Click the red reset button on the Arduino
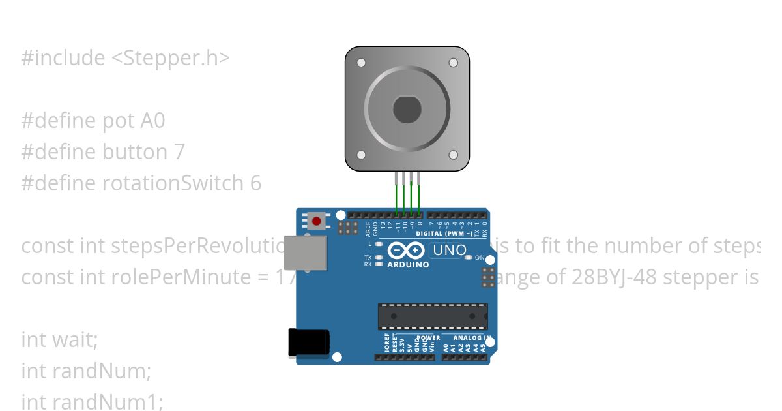pos(317,221)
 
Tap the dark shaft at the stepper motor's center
pos(407,109)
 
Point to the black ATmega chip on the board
pos(433,316)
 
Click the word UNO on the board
pos(450,250)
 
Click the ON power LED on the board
pos(469,258)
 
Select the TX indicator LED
pos(379,258)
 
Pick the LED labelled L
pos(379,243)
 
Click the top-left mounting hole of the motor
pos(360,63)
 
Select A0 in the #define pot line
pos(152,121)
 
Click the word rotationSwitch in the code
pos(173,183)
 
